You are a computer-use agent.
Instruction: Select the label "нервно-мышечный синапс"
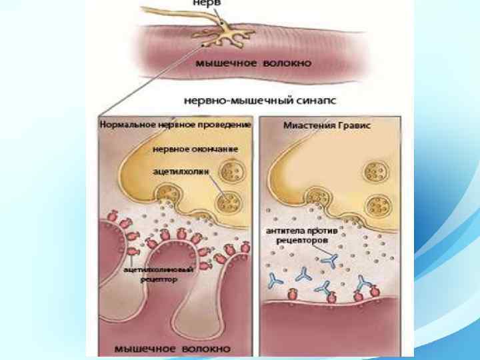click(259, 101)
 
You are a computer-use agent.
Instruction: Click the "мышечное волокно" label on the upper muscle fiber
click(253, 63)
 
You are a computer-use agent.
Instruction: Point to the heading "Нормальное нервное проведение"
click(175, 125)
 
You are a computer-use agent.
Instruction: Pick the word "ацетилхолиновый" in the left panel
click(159, 269)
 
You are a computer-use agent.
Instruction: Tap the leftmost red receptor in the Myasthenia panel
click(292, 295)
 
